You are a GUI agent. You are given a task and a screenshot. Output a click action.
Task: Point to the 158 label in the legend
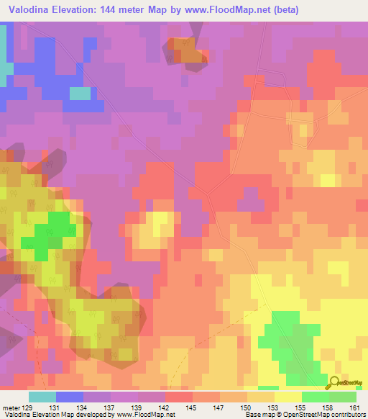coord(329,407)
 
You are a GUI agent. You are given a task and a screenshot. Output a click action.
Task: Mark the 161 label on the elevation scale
coord(356,407)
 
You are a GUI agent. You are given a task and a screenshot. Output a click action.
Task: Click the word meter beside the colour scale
coord(11,407)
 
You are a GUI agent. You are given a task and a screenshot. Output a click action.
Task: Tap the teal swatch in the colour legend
coord(42,397)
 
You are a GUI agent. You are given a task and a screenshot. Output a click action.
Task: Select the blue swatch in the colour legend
coord(70,397)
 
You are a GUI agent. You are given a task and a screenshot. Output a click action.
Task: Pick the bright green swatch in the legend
coord(316,397)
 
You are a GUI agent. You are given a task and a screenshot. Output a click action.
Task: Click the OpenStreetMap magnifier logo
coord(334,382)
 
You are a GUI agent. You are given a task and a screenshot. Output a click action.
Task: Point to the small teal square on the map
coord(80,93)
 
